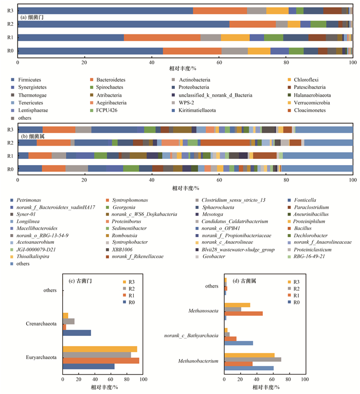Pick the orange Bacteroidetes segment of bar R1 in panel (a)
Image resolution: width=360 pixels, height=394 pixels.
coord(162,37)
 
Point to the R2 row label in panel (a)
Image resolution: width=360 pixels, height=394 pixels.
coord(10,24)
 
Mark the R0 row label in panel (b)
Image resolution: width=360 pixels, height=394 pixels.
coord(10,169)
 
